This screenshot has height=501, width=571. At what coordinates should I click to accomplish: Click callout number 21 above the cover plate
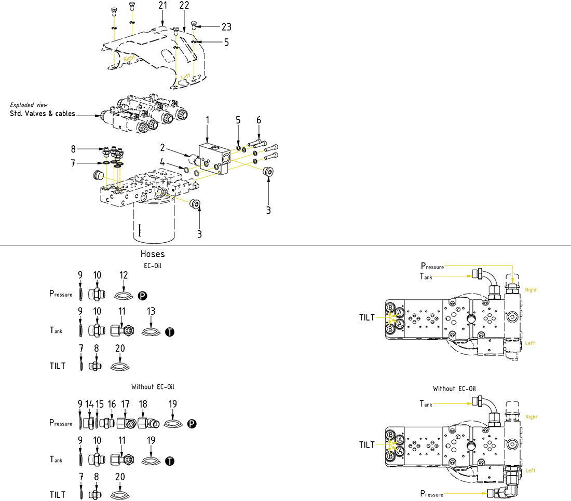[x=162, y=5]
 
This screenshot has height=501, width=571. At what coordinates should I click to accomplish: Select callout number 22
[x=184, y=5]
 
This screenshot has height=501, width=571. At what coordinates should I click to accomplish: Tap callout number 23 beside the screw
[x=226, y=27]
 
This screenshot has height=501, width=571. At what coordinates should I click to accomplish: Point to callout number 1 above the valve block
[x=207, y=120]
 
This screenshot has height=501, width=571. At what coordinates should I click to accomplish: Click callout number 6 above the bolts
[x=259, y=120]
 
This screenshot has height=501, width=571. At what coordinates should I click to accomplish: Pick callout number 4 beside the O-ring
[x=162, y=163]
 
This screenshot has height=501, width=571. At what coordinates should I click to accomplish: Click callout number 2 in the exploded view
[x=162, y=148]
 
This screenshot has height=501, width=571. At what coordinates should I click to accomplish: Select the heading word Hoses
[x=153, y=255]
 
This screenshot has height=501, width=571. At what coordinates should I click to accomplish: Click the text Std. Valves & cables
[x=43, y=114]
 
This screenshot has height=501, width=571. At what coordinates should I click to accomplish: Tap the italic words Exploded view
[x=29, y=105]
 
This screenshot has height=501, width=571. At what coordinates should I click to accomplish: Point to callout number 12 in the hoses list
[x=124, y=275]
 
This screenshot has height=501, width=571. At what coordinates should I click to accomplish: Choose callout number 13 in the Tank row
[x=151, y=311]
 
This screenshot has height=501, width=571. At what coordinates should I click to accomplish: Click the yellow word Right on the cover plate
[x=129, y=59]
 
